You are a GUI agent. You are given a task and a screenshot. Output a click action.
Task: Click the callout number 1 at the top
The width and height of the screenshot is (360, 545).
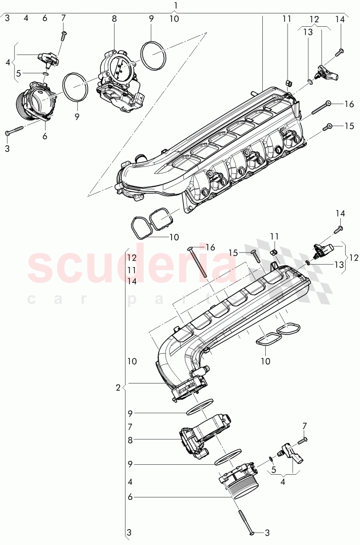coord(176,5)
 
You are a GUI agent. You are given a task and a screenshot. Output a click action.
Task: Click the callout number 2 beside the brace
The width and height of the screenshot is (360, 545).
coord(118,387)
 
